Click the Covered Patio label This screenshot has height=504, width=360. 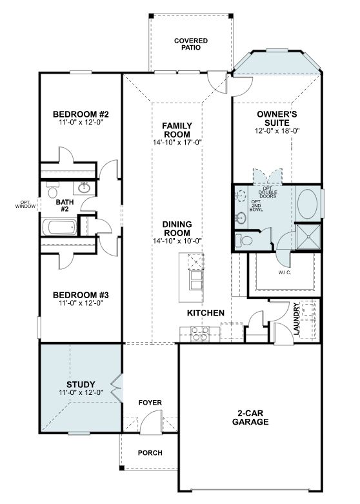pos(191,45)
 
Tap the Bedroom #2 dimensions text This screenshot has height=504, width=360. pos(81,123)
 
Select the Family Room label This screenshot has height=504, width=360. pos(177,130)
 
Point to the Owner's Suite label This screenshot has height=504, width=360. pos(277,118)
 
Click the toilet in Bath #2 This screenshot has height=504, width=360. pos(52,190)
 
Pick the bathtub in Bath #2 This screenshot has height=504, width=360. pos(60,227)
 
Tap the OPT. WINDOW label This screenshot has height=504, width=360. pos(25,205)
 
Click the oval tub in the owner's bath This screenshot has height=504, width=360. pos(308,204)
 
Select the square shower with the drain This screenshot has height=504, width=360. pos(308,237)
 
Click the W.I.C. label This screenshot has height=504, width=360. pos(285,272)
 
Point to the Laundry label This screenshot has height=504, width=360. pos(296,319)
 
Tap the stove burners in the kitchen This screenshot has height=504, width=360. pos(200,334)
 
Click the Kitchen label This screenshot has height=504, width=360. pos(206,313)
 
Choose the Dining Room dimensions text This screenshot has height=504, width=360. pos(177,241)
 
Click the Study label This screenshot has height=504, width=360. pos(81,385)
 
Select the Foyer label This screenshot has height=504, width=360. pos(150,403)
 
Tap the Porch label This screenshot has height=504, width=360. pos(150,453)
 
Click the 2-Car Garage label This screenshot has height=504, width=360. pos(250,418)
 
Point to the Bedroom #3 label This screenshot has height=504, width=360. pos(81,295)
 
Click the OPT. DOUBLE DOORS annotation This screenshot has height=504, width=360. pos(268,192)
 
